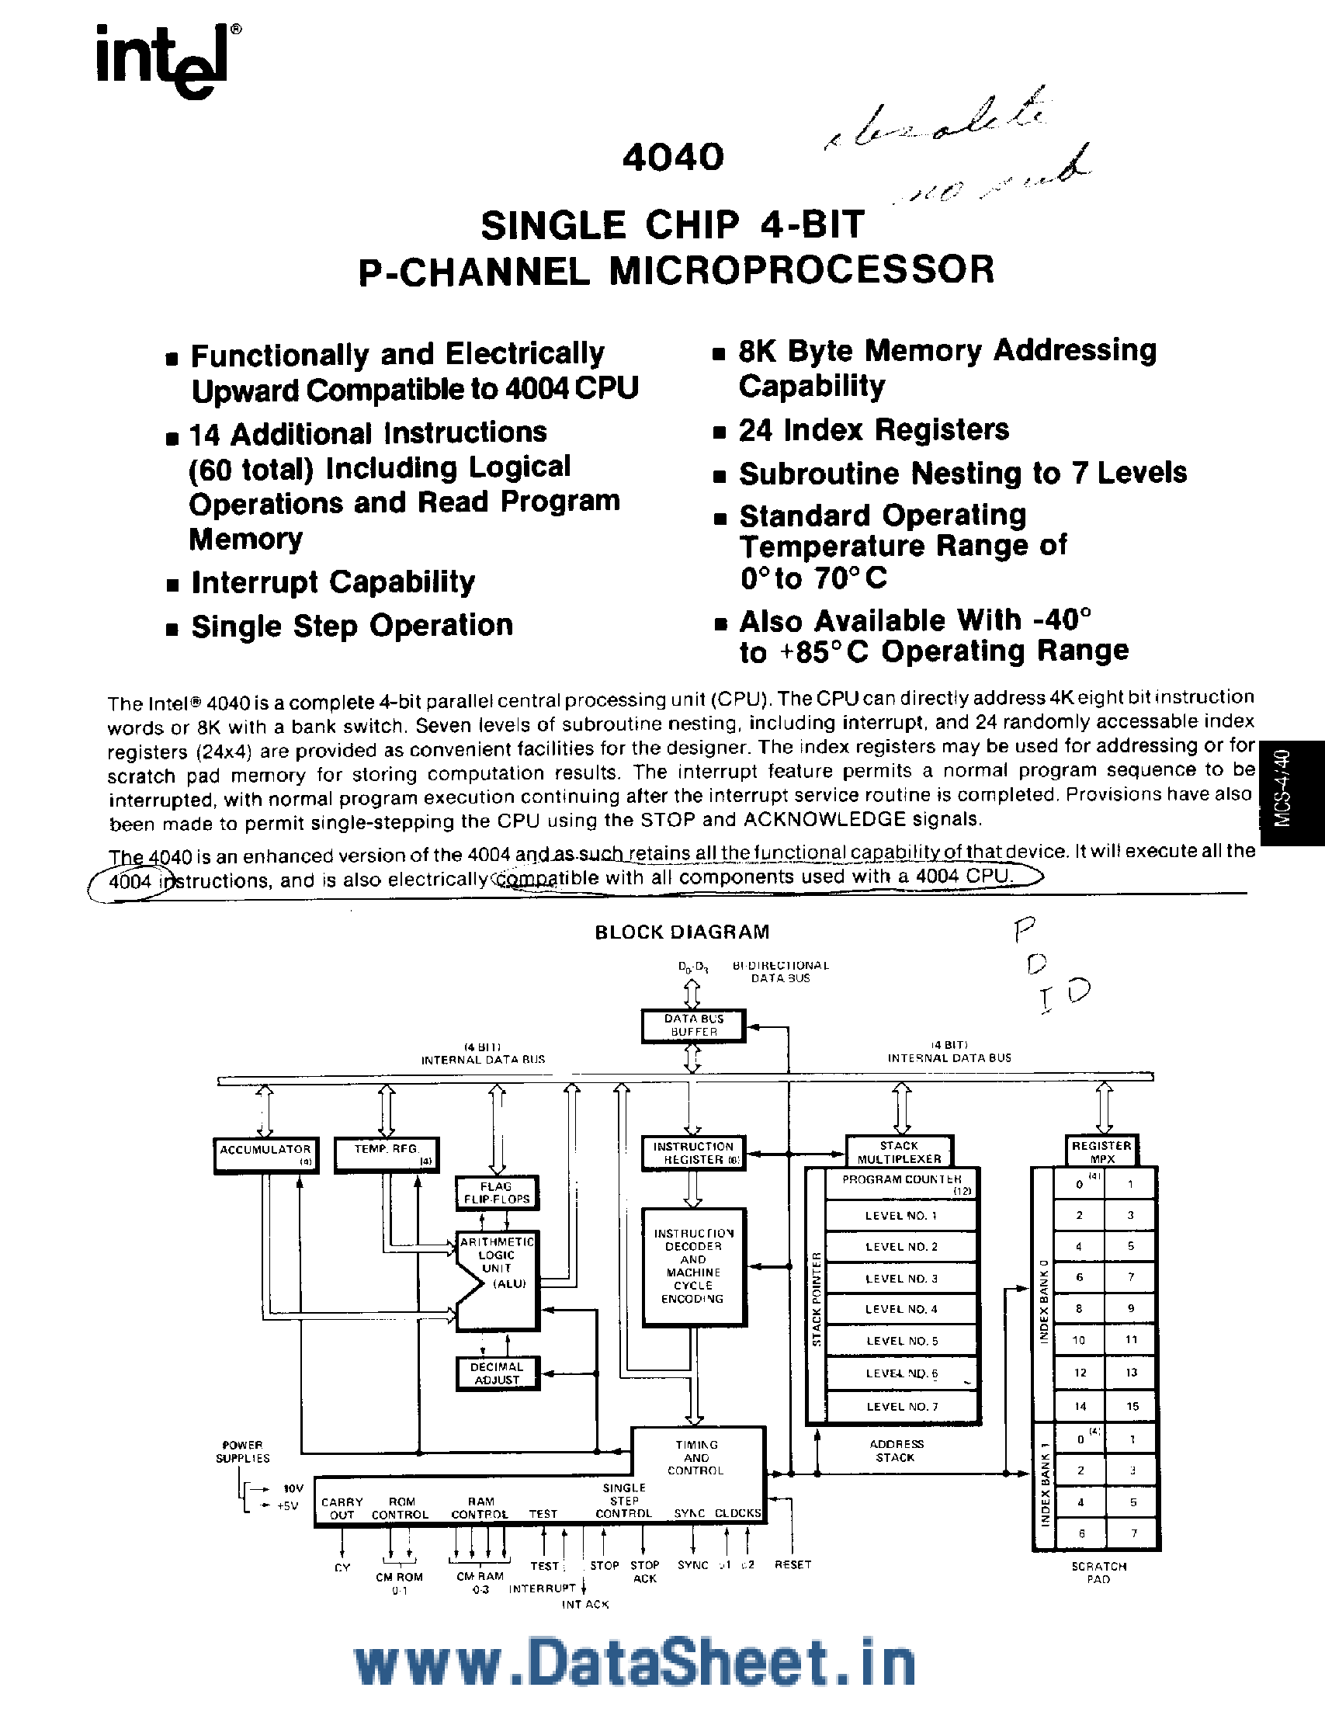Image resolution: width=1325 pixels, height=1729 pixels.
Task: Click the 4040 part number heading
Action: [673, 156]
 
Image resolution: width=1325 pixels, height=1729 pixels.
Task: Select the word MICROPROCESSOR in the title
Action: [801, 270]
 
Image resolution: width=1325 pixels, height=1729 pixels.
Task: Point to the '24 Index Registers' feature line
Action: [873, 430]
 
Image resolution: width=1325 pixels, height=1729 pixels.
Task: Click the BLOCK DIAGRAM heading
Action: [682, 932]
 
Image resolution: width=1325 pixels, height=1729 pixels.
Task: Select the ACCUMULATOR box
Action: [265, 1154]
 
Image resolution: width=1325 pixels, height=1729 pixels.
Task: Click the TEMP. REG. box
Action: [386, 1153]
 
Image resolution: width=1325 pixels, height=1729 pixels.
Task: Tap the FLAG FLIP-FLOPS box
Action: [497, 1193]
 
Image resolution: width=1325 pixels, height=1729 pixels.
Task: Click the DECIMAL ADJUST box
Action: [497, 1373]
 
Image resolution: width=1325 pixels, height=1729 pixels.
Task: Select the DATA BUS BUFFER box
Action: [693, 1026]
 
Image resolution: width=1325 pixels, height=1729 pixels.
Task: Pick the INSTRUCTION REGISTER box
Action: [693, 1152]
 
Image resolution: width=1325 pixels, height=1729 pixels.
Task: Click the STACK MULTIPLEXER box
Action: [899, 1151]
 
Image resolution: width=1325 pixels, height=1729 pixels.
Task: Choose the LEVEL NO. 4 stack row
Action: [900, 1308]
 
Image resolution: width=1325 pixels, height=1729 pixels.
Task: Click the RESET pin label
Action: [793, 1564]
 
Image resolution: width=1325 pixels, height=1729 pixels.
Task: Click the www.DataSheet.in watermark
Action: [635, 1664]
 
